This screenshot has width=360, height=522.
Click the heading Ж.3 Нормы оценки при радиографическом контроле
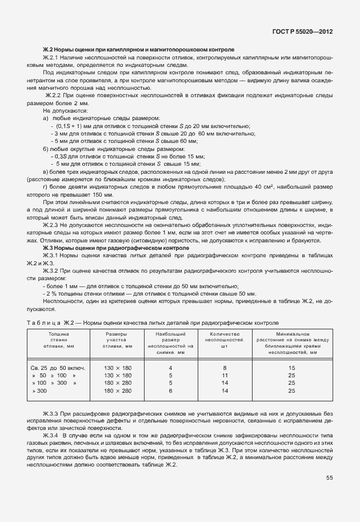pos(115,249)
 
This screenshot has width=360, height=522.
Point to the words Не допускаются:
pos(62,110)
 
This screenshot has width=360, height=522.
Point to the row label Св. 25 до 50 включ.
pos(58,368)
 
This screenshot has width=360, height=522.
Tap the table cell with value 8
pos(225,368)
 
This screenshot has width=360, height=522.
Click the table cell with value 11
pos(225,375)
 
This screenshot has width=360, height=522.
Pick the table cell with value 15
pos(291,368)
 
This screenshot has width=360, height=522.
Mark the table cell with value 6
pos(170,390)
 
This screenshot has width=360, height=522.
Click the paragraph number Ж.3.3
pos(54,412)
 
